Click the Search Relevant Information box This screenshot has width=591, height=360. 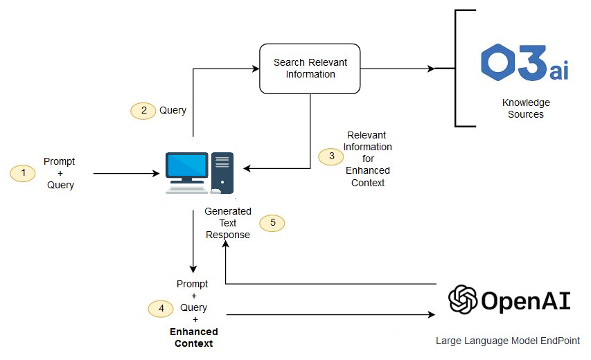click(x=310, y=68)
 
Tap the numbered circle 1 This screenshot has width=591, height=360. click(x=23, y=173)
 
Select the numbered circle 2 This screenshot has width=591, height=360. click(x=143, y=111)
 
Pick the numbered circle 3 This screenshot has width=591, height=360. click(x=330, y=156)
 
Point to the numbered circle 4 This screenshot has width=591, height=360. click(x=161, y=309)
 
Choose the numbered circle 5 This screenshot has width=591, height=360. click(x=272, y=223)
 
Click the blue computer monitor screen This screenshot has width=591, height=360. click(x=186, y=165)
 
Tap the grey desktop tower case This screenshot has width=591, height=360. click(x=222, y=172)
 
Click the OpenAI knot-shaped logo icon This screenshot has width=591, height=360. click(x=462, y=300)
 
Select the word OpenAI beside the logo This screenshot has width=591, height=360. click(x=525, y=300)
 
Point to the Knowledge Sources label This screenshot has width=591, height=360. click(x=526, y=109)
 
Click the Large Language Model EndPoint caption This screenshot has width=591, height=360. click(x=507, y=341)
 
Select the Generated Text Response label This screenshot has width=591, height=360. click(x=228, y=223)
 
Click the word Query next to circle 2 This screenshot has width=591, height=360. click(x=173, y=111)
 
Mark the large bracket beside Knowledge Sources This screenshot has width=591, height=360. click(x=457, y=68)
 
